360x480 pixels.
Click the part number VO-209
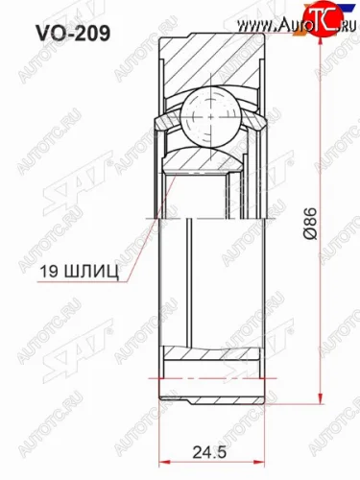[x=73, y=34]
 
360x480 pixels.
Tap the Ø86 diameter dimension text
[x=310, y=224]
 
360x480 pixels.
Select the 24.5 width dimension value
[x=209, y=452]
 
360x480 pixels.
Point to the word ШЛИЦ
[x=91, y=273]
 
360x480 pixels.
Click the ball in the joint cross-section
[x=210, y=117]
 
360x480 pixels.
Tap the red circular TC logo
[x=323, y=20]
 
